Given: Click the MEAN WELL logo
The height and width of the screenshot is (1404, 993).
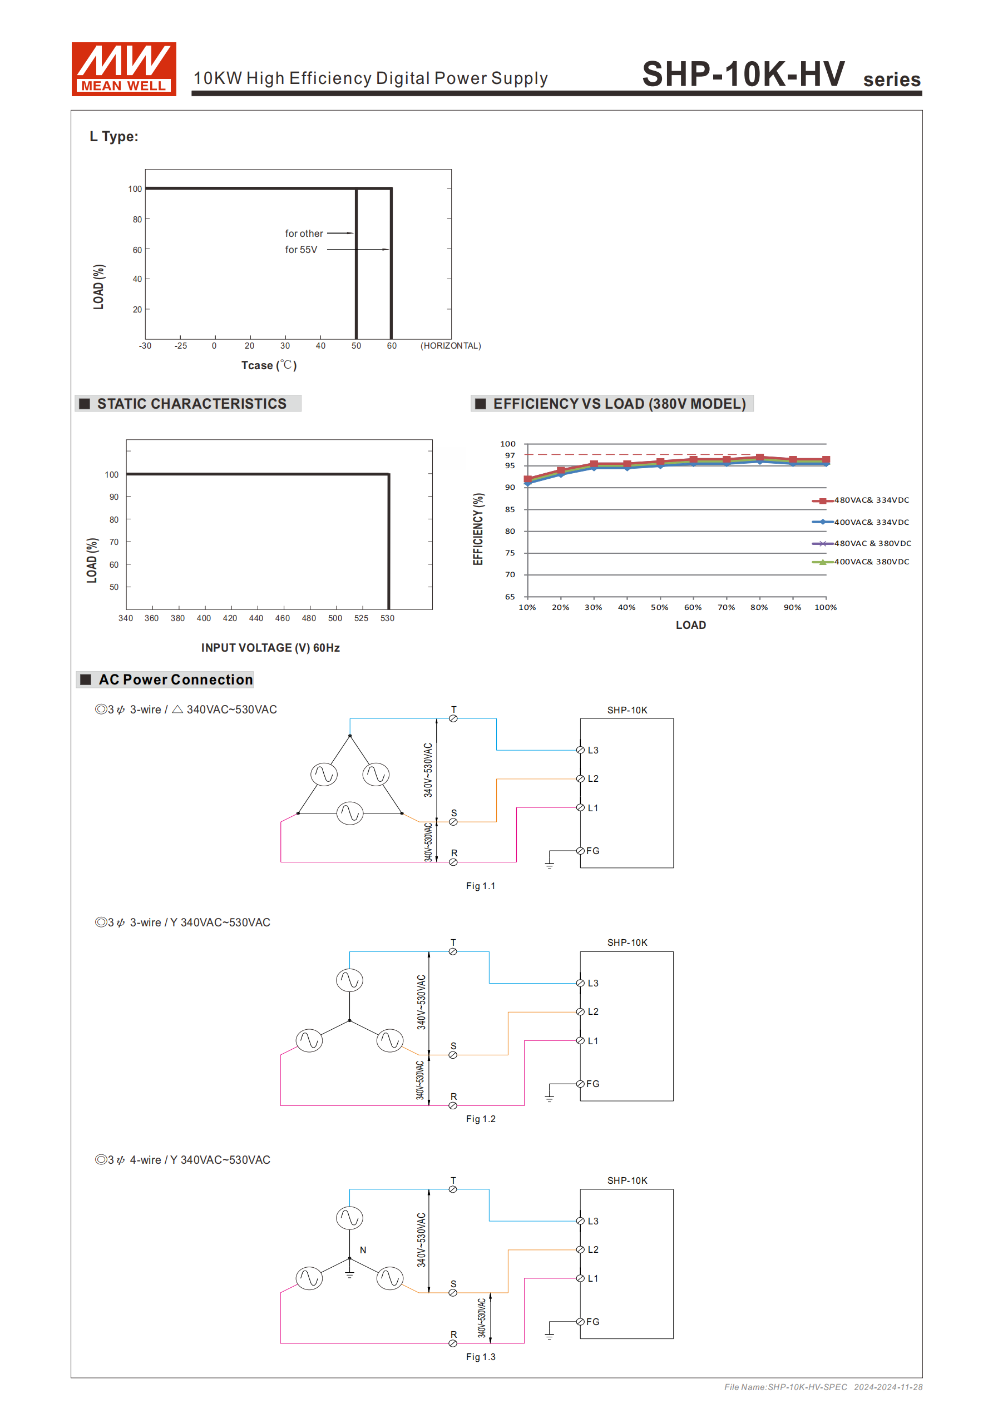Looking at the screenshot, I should [123, 68].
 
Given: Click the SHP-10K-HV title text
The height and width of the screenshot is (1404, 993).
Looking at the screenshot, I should [743, 75].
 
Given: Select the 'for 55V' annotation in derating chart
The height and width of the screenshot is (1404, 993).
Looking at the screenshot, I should [301, 250].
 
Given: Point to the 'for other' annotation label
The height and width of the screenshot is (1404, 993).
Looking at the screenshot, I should [304, 234].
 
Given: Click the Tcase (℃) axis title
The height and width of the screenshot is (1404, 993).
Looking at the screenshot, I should [269, 365].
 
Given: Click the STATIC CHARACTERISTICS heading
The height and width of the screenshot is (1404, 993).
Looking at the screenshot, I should [191, 404].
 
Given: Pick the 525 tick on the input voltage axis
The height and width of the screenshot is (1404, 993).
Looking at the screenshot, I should [361, 618].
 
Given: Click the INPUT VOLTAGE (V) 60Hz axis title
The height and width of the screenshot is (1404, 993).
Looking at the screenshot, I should [270, 648].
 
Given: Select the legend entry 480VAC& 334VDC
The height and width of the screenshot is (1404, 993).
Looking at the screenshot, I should [871, 500].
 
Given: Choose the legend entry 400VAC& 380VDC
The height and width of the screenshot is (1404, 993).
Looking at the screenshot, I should [871, 562].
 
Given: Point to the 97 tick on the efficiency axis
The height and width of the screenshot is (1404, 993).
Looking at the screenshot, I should [510, 455].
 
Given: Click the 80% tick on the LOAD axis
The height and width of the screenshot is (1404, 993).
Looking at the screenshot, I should [759, 607].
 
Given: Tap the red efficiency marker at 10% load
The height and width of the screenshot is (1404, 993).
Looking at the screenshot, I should [527, 479].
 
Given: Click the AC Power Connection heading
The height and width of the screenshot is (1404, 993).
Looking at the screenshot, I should [175, 679].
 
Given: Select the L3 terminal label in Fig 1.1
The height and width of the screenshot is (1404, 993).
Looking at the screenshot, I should [593, 750].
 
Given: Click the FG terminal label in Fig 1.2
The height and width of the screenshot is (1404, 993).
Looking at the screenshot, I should [592, 1084].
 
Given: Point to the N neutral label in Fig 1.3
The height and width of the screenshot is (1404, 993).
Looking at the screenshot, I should [363, 1250].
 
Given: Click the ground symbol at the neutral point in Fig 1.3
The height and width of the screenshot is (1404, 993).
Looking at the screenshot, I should [349, 1275].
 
